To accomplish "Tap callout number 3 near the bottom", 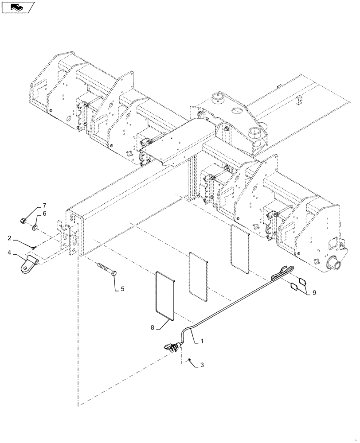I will pos(202,365).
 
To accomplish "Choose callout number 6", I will pos(44,214).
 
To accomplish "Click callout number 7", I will pos(44,205).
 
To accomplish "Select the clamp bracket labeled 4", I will pos(27,265).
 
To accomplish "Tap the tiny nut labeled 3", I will pos(189,359).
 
